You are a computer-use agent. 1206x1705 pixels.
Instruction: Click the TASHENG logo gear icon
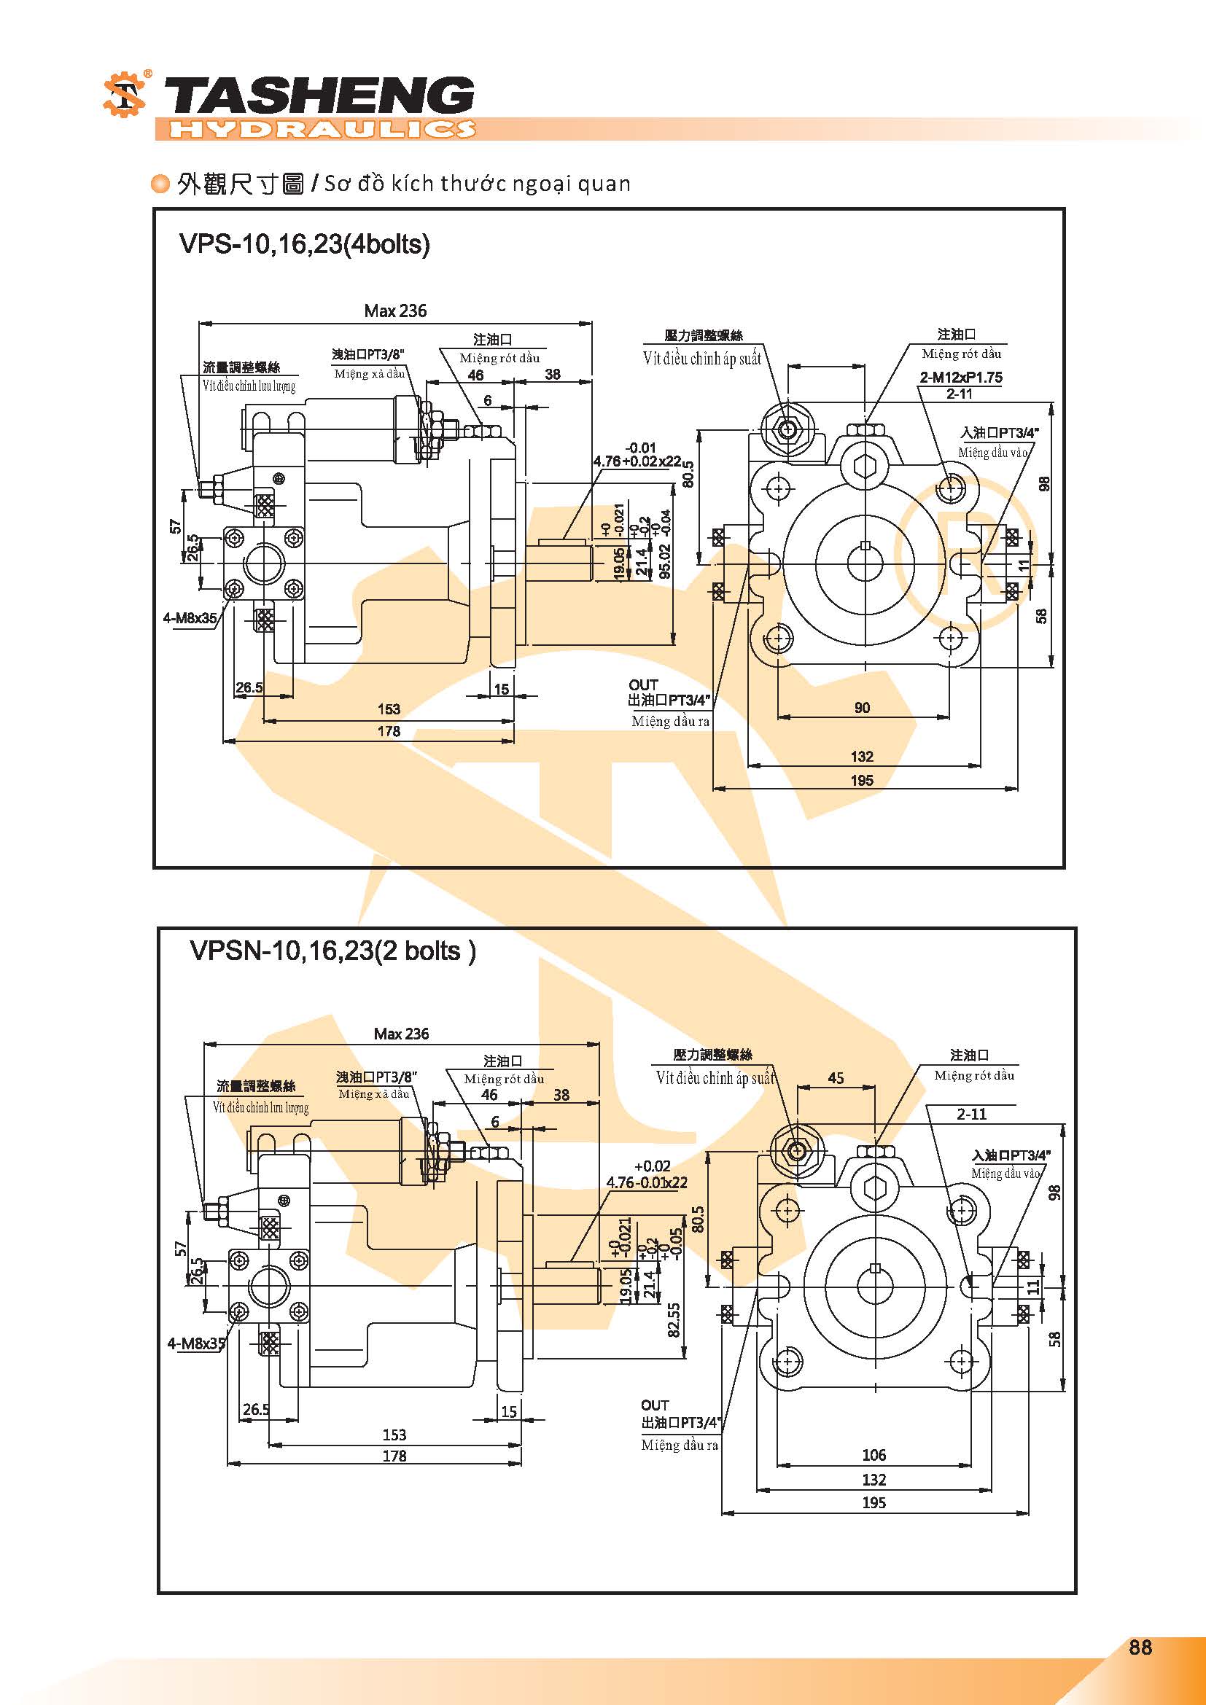tap(125, 95)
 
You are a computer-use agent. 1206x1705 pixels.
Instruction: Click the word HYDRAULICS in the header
tap(322, 129)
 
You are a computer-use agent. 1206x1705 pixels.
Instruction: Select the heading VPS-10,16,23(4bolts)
tap(305, 244)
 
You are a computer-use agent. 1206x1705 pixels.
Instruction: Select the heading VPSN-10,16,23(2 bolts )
tap(332, 951)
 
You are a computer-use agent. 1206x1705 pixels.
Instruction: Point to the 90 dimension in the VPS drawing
tap(861, 708)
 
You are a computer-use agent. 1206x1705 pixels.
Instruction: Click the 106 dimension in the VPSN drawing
tap(874, 1455)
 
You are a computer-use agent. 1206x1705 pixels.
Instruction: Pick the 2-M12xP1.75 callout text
tap(961, 378)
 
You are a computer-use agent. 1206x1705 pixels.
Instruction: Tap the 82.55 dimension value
tap(674, 1319)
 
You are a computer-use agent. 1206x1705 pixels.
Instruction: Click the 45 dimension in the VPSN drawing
tap(836, 1077)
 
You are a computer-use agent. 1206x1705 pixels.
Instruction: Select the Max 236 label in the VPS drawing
tap(395, 311)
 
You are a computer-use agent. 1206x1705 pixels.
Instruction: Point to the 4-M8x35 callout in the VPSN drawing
tap(196, 1343)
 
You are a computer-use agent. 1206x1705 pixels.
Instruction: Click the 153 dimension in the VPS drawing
tap(389, 709)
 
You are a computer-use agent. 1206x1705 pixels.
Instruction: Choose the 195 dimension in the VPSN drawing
tap(874, 1502)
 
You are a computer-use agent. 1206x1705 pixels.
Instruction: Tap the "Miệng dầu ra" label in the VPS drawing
tap(671, 721)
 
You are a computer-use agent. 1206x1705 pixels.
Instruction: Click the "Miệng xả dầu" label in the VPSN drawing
tap(373, 1094)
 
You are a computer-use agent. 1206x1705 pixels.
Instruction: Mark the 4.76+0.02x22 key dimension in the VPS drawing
tap(637, 461)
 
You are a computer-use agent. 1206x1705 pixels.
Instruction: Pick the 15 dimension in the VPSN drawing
tap(509, 1411)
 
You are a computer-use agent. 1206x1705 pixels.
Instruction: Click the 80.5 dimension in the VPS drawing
tap(688, 474)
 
